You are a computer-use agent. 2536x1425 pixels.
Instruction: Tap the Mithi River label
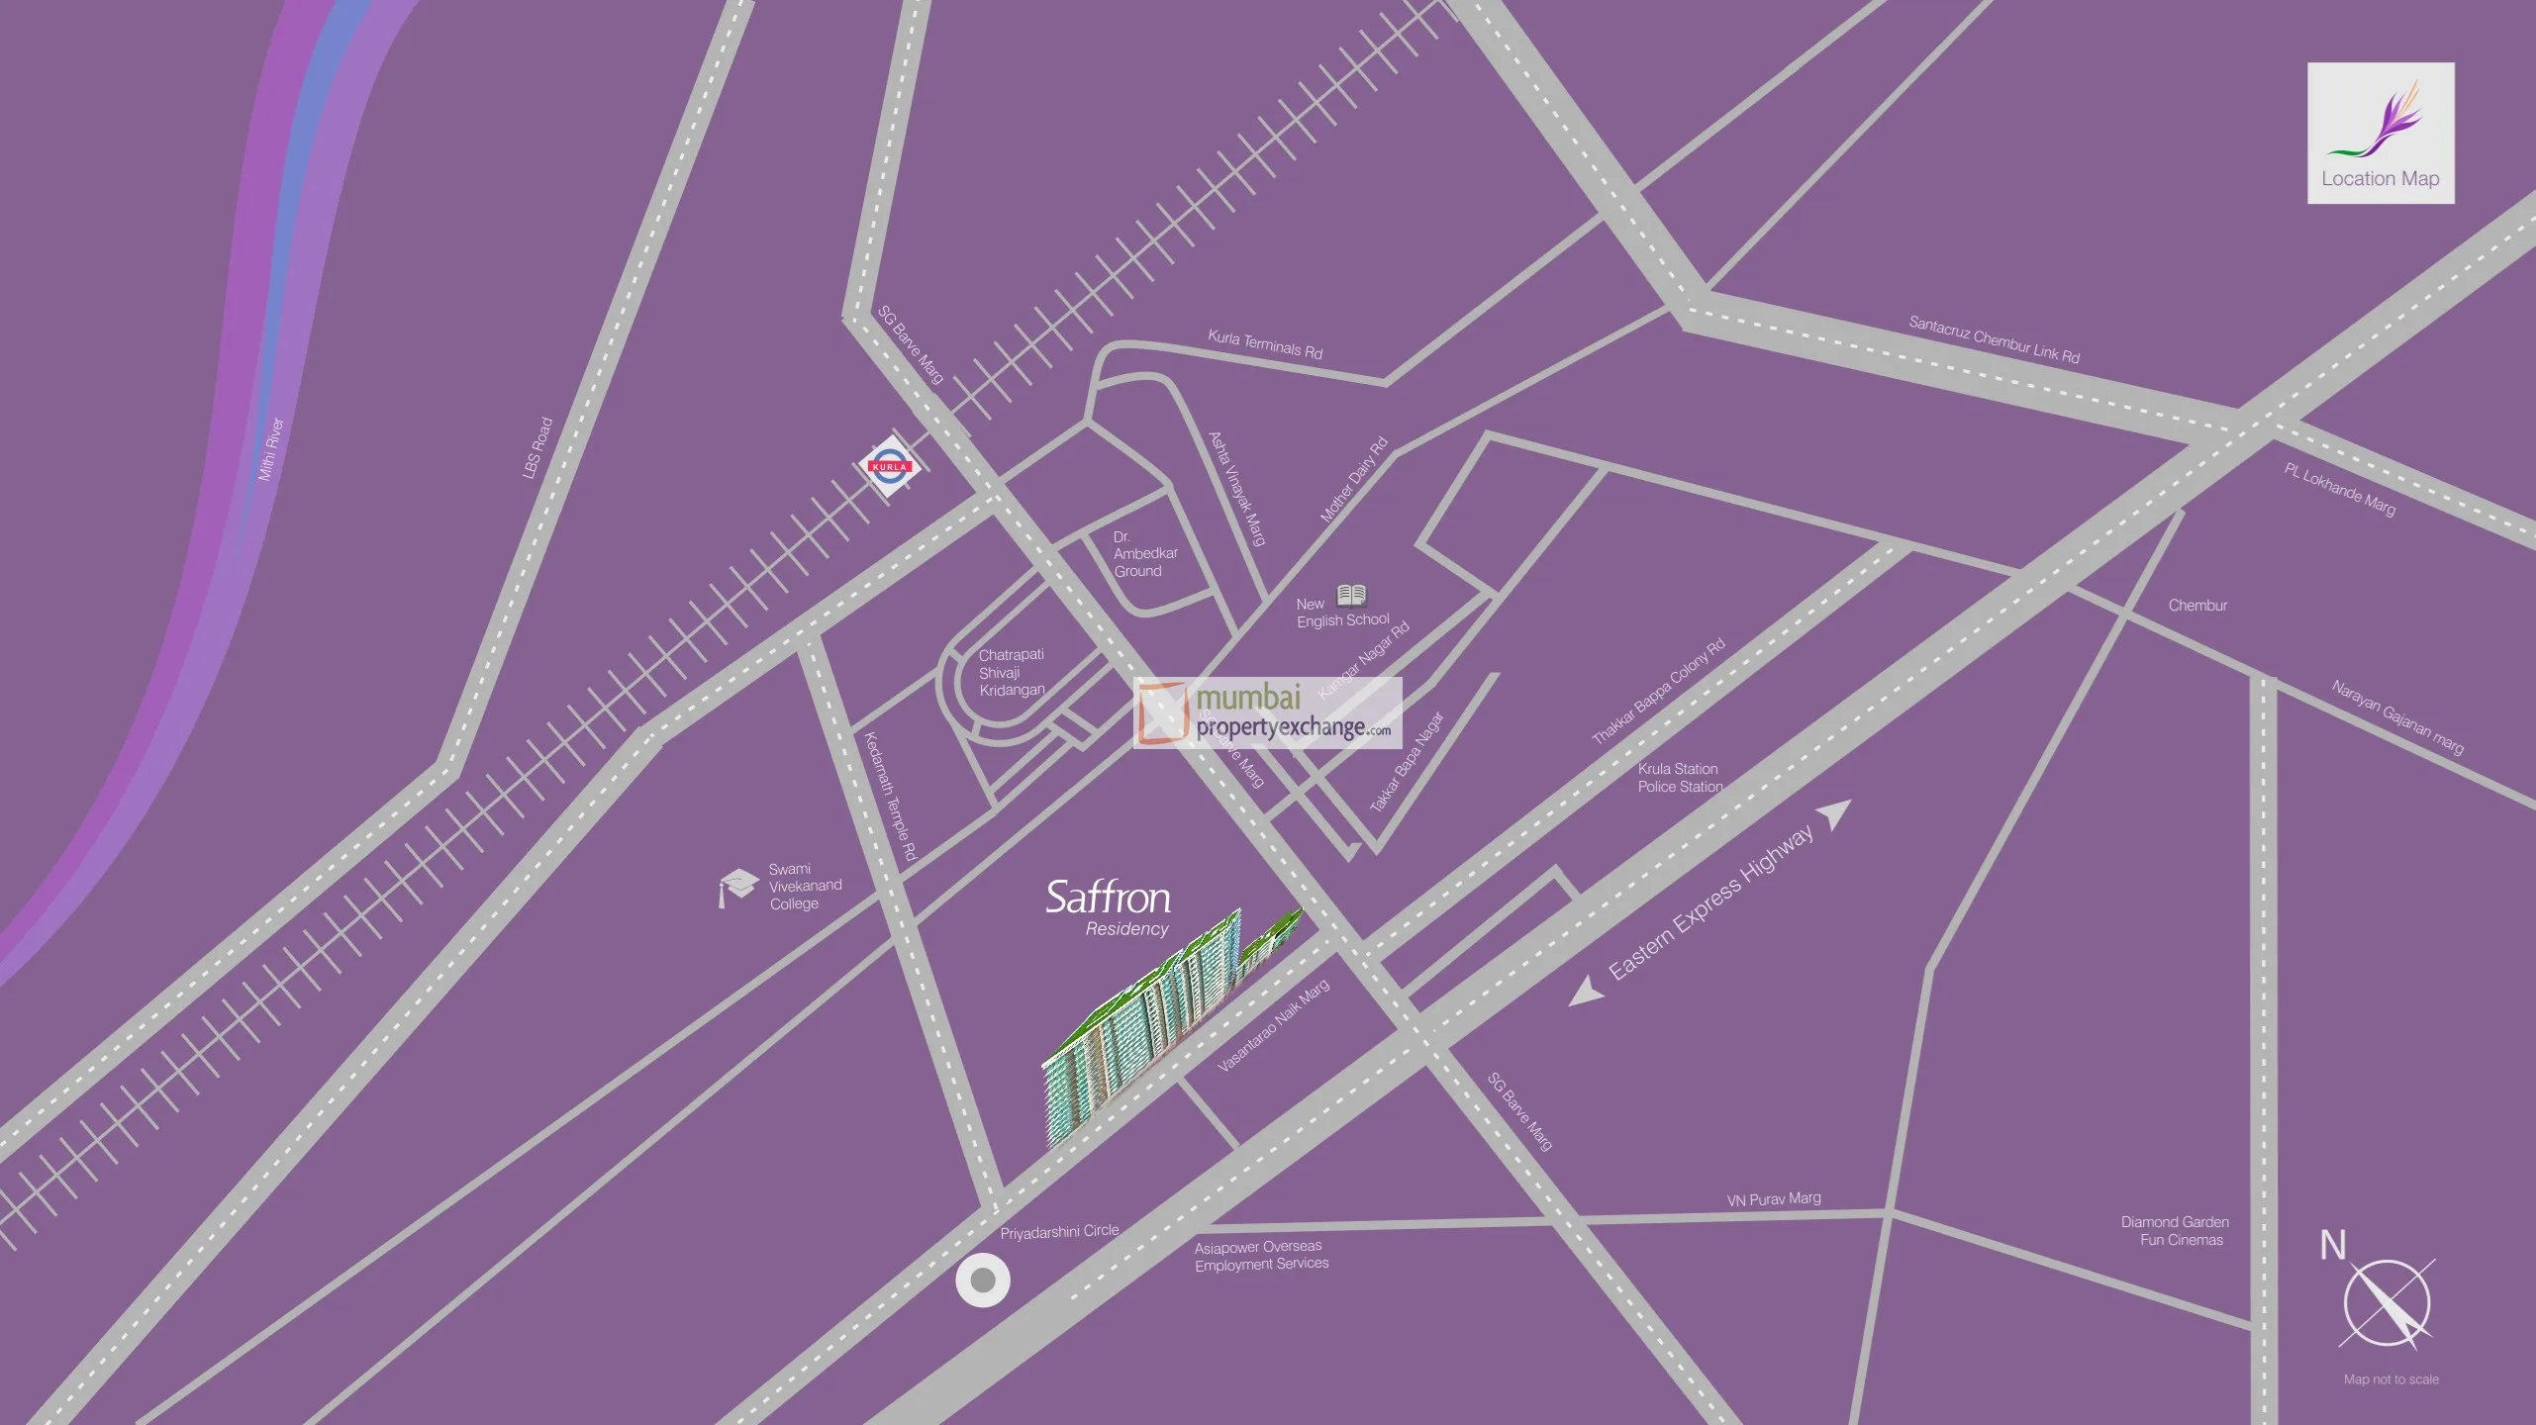(x=271, y=449)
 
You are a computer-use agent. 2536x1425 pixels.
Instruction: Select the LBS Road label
(x=537, y=448)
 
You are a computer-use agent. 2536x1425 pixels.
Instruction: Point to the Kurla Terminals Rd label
(x=1265, y=343)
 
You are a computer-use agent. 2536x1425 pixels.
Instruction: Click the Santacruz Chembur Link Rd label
(x=1994, y=339)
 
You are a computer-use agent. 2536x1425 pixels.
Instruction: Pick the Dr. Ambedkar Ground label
(x=1144, y=554)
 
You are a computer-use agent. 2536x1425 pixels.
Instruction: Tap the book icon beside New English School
(x=1351, y=595)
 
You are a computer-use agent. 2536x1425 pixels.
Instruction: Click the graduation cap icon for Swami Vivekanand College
(x=737, y=886)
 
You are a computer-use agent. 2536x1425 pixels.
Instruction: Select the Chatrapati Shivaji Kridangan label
(x=1011, y=672)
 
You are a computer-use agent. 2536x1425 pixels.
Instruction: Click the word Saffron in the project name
(x=1108, y=898)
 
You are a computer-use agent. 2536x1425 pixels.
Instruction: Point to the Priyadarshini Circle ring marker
(x=982, y=1281)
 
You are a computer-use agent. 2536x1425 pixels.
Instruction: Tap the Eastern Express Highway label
(x=1710, y=902)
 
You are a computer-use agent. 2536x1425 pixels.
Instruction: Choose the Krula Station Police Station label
(x=1680, y=778)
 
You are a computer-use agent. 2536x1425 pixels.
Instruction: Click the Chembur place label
(x=2197, y=606)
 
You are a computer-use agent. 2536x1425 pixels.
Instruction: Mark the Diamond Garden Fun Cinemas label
(x=2175, y=1231)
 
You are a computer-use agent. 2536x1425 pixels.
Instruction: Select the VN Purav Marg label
(x=1774, y=1199)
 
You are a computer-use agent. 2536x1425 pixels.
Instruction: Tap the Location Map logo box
(x=2381, y=134)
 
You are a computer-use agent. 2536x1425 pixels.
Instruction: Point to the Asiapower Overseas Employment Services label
(x=1261, y=1255)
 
